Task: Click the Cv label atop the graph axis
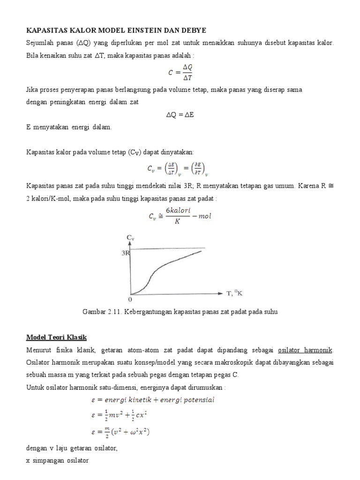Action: point(130,238)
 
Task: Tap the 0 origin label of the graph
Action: point(130,299)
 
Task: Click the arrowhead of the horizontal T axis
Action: point(221,293)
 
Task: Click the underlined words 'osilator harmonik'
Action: point(305,350)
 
